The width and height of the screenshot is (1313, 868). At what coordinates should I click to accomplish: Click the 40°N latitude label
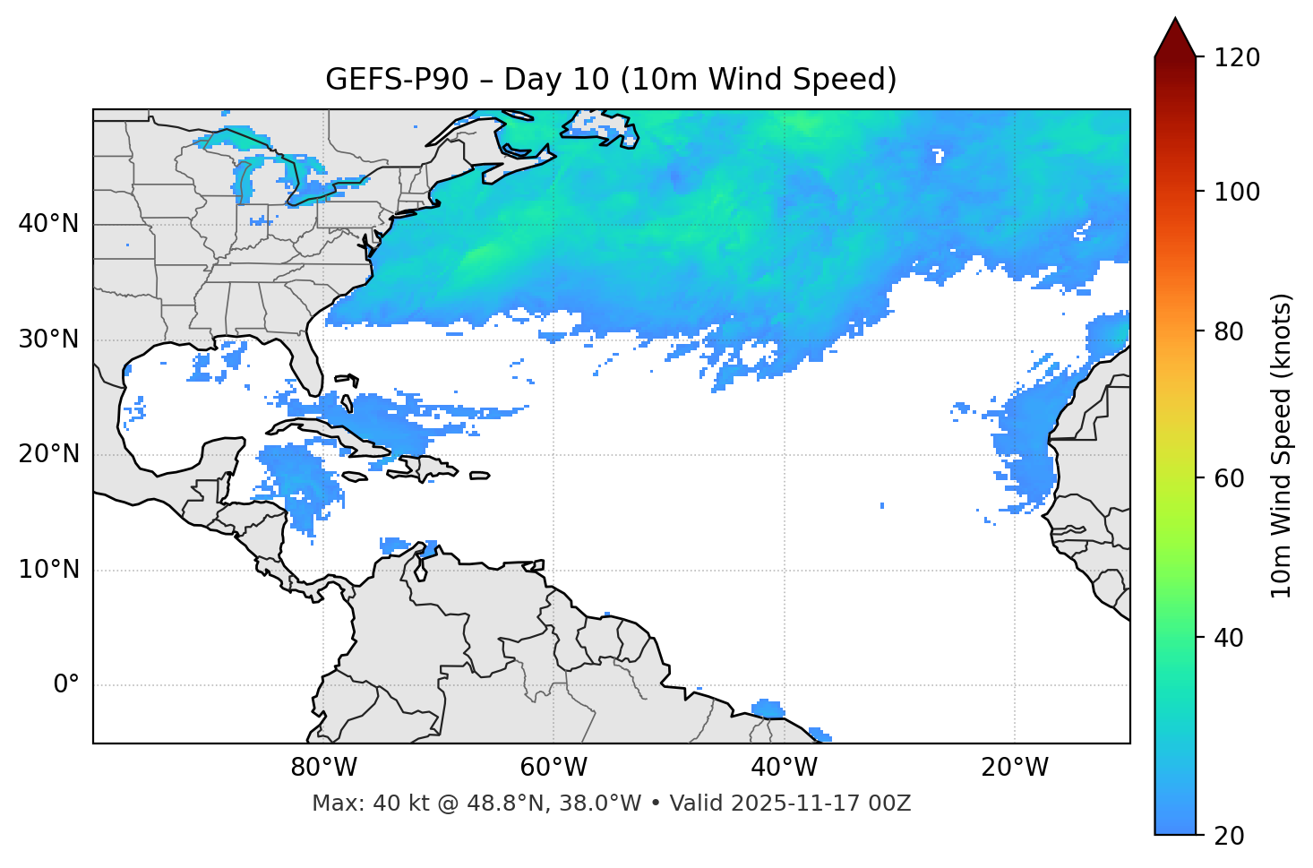coord(48,224)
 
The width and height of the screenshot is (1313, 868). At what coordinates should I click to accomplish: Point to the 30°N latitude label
coord(48,339)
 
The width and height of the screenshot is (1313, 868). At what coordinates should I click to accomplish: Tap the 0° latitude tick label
coord(66,685)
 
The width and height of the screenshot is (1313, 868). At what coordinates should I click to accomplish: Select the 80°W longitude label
coord(323,768)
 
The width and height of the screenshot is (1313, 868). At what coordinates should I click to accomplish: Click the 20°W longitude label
coord(1015,768)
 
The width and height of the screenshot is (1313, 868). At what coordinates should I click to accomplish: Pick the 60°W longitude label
coord(554,768)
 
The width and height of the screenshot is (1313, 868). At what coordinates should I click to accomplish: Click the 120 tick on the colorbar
coord(1237,57)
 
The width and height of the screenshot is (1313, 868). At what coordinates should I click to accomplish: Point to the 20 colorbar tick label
coord(1229,835)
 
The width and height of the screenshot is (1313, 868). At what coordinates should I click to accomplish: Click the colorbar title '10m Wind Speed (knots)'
coord(1282,445)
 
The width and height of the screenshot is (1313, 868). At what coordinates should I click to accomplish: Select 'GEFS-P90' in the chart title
coord(396,80)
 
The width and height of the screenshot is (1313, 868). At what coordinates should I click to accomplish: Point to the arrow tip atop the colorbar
coord(1175,20)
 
